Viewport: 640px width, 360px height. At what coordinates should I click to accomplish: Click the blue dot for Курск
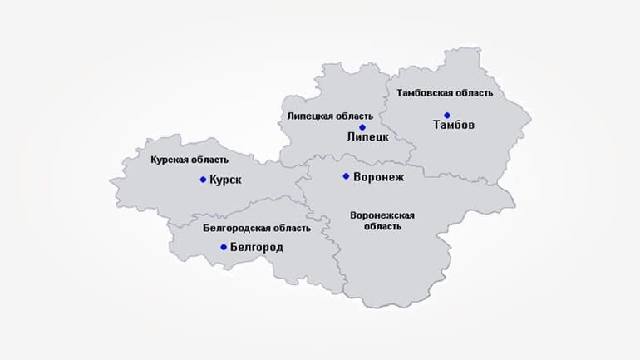(203, 179)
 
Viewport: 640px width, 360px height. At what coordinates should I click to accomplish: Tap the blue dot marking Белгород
(224, 247)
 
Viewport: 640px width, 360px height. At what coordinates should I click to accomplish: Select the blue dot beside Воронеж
(346, 176)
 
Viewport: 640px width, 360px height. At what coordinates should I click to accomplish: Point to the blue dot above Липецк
(362, 127)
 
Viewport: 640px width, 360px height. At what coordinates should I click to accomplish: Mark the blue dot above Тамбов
(447, 115)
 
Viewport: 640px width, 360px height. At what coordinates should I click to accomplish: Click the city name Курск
(226, 179)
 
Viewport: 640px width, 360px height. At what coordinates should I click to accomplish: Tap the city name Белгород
(257, 247)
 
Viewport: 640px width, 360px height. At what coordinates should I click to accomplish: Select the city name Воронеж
(378, 176)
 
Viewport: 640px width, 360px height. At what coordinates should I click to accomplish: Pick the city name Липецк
(367, 136)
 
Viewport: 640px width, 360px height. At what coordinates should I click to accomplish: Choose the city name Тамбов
(454, 125)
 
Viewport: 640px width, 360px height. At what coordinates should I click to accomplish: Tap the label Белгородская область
(257, 228)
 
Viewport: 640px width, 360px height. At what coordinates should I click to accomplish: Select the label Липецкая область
(330, 116)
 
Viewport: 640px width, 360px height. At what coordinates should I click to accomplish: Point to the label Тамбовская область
(446, 93)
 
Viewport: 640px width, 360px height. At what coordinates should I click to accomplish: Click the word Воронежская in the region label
(382, 215)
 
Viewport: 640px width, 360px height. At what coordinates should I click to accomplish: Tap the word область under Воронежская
(382, 226)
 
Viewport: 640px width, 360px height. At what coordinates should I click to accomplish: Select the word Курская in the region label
(170, 158)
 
